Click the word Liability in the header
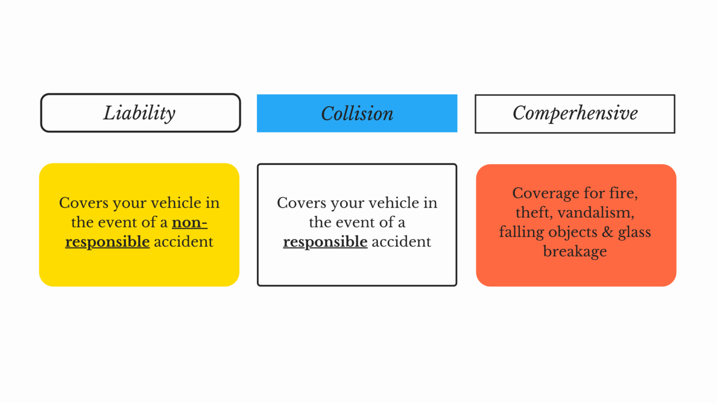tap(139, 113)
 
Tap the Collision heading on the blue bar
tap(357, 114)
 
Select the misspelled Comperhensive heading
tap(575, 113)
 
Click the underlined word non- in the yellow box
tap(190, 223)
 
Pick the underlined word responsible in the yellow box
tap(107, 242)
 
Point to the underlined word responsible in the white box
tap(325, 242)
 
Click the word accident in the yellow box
tap(184, 242)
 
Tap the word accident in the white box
tap(402, 242)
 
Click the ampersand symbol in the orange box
tap(607, 232)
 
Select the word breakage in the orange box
tap(575, 251)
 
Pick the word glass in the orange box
tap(634, 232)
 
